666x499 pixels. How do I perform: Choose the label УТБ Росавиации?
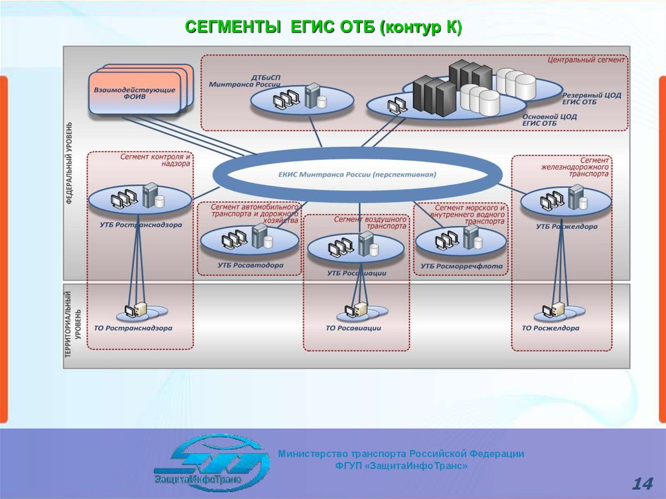[356, 273]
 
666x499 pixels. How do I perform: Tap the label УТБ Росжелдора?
[566, 226]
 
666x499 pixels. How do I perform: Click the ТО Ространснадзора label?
[133, 328]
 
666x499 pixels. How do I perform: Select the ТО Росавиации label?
[353, 328]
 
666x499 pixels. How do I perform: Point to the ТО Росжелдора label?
[550, 328]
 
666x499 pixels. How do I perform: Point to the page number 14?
[641, 483]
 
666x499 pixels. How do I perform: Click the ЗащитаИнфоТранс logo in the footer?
[212, 463]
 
